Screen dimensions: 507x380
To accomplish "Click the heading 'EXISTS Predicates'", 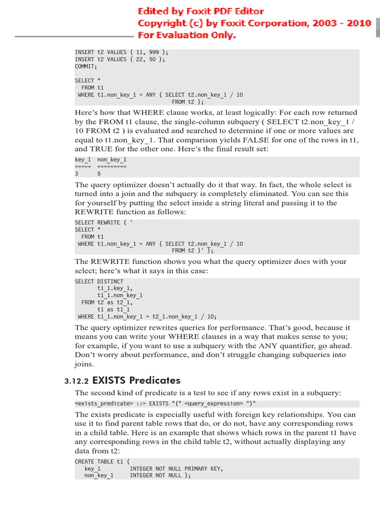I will point(136,380).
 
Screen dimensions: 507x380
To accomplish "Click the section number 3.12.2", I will point(76,381).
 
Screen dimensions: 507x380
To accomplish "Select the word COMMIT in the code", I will point(86,66).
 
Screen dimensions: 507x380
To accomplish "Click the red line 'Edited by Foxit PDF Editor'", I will point(200,11).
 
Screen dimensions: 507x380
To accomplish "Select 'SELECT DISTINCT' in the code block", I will point(99,282).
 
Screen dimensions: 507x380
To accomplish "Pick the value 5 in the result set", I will point(99,174).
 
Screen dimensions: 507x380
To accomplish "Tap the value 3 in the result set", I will point(77,174).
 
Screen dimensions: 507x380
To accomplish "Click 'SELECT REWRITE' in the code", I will point(97,223).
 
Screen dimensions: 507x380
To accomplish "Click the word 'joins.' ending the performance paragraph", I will point(85,364).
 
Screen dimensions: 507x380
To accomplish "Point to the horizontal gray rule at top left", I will point(74,37).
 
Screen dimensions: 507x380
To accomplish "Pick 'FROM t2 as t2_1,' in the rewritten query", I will point(107,303).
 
